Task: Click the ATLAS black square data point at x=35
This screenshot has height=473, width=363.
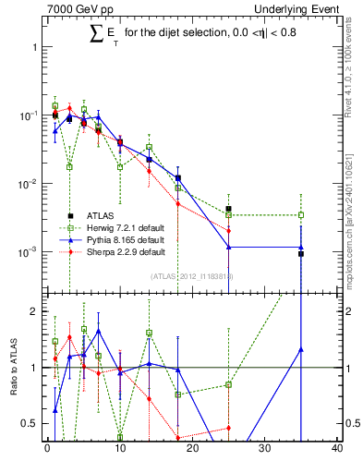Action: (x=301, y=253)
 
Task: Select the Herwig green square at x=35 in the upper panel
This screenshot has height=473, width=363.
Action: (x=301, y=215)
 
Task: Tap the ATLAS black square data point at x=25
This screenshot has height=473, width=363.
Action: (x=228, y=209)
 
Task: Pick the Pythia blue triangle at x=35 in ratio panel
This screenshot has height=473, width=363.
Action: (x=301, y=349)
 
